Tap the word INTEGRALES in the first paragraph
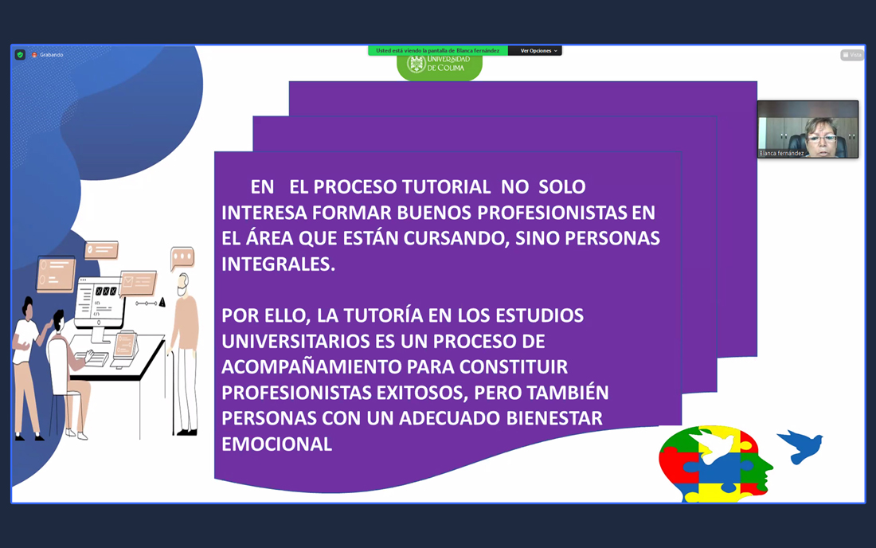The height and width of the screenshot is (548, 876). tap(278, 264)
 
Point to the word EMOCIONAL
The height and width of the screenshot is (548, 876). tap(277, 444)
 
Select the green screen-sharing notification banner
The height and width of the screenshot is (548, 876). tap(438, 51)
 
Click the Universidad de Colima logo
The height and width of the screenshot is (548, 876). tap(440, 67)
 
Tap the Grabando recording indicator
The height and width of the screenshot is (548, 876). tap(48, 55)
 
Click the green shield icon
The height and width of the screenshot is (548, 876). tap(20, 55)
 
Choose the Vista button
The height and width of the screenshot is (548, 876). tap(852, 55)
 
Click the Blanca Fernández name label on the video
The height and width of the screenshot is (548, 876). tap(781, 153)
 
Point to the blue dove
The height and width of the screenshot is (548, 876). tap(800, 446)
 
